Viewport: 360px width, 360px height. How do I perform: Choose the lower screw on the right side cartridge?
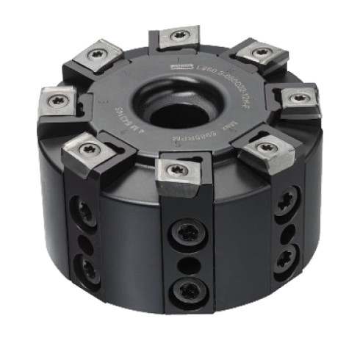(x=284, y=258)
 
